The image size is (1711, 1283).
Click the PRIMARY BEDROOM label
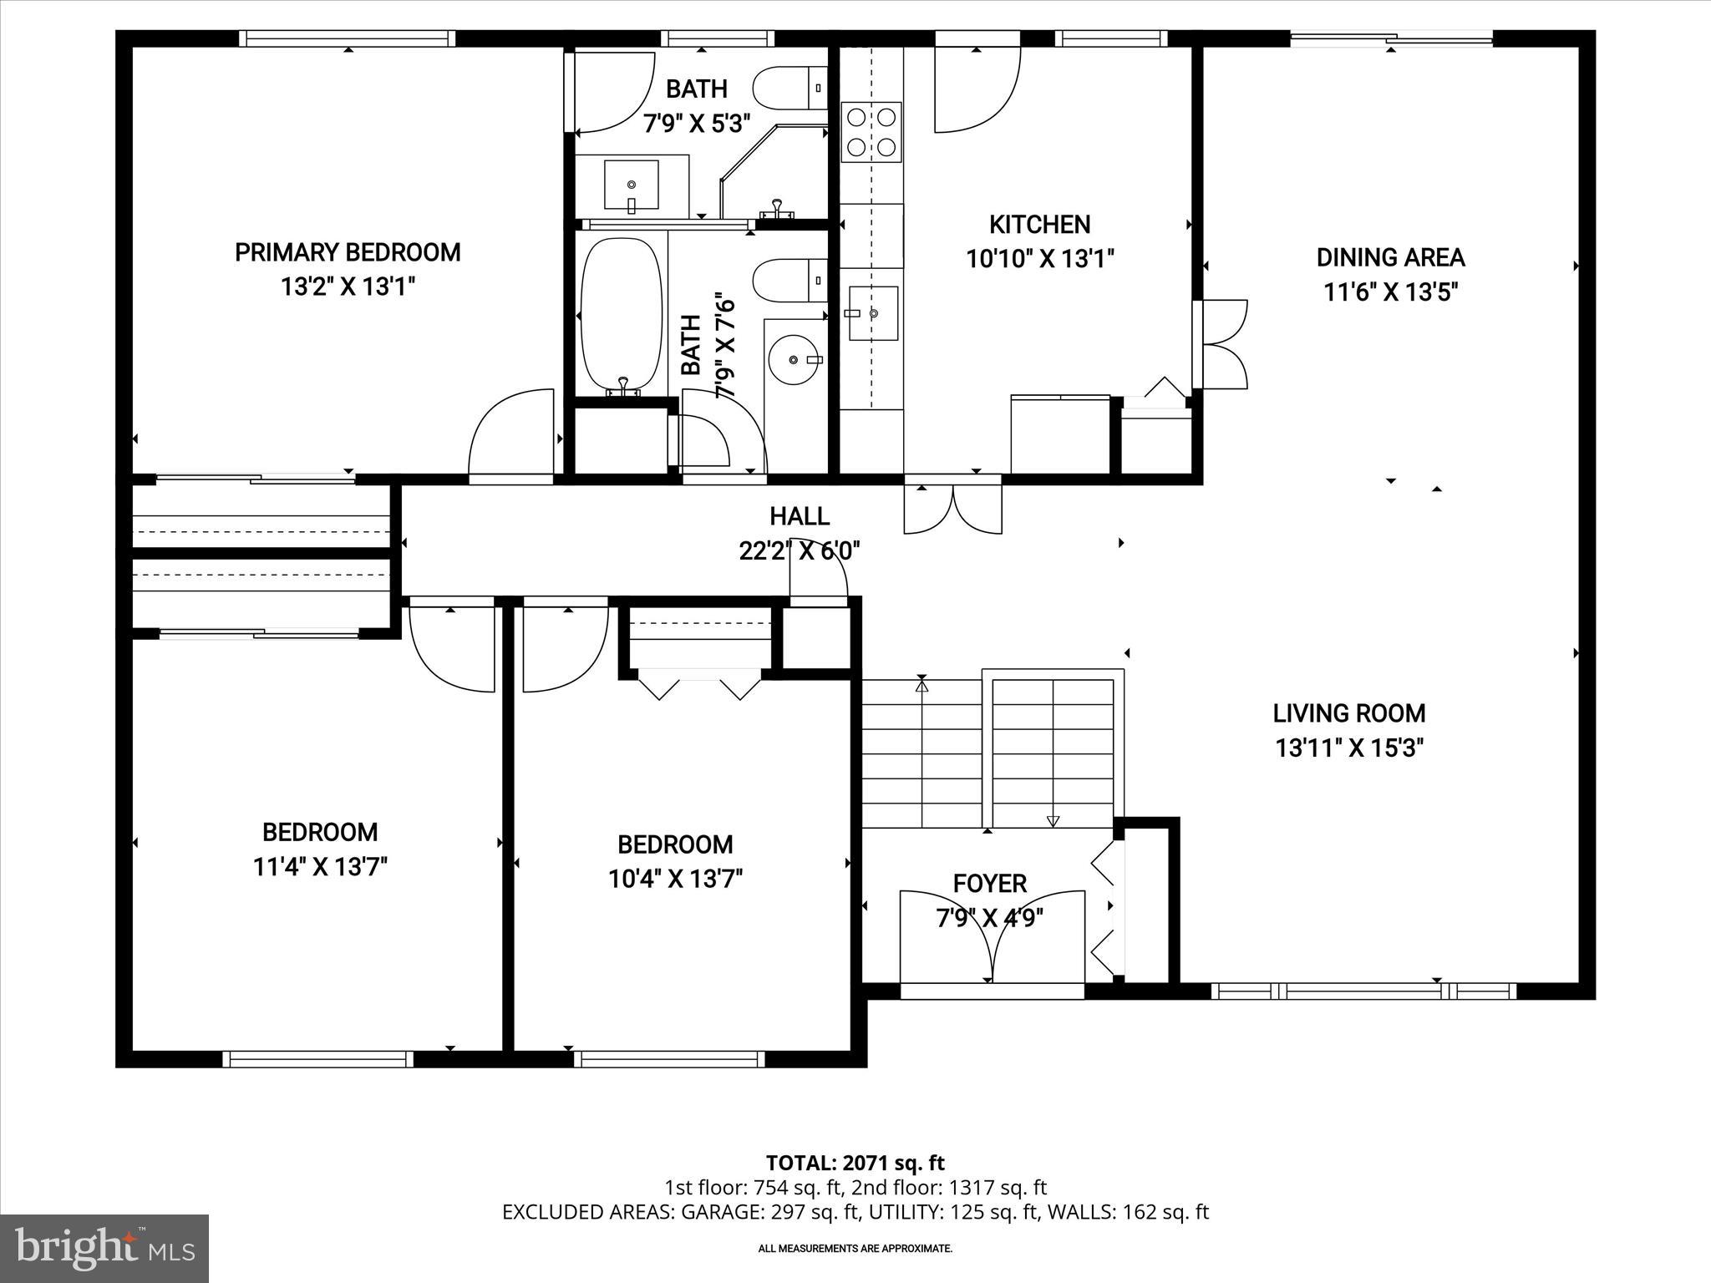point(348,252)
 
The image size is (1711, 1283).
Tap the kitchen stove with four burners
point(871,132)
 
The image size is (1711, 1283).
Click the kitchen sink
point(873,313)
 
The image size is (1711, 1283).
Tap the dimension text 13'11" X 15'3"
point(1348,748)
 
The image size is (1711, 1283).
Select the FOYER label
point(990,883)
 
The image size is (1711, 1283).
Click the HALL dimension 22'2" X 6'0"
point(800,551)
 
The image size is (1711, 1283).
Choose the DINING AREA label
point(1390,257)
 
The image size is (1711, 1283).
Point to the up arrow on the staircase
point(922,685)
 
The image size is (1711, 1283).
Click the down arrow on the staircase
point(1053,820)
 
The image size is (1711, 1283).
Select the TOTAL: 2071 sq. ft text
point(855,1163)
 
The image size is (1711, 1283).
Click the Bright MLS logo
point(104,1248)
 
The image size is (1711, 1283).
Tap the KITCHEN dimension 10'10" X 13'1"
point(1039,259)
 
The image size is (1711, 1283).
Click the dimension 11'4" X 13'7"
point(320,867)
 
